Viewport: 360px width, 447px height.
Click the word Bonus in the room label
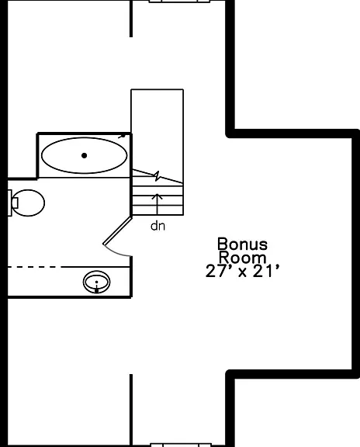(242, 244)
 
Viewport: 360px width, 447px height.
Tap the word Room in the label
(242, 258)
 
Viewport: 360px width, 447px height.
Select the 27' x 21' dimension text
(242, 271)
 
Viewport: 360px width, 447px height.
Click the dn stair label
(157, 226)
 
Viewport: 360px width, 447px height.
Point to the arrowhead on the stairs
(157, 196)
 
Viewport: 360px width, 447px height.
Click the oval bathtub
(84, 155)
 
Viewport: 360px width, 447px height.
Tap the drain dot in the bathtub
(84, 155)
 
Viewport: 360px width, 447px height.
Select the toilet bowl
(28, 203)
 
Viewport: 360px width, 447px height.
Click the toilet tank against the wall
(9, 203)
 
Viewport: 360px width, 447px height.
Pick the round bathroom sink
(97, 282)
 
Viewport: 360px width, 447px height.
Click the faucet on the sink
(97, 290)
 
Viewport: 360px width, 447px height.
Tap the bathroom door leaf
(117, 230)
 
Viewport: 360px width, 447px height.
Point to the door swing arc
(116, 252)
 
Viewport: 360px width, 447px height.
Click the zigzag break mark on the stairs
(157, 176)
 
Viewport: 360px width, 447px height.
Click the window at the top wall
(179, 2)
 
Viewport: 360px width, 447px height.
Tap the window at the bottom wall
(181, 445)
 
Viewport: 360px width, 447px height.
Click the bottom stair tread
(157, 210)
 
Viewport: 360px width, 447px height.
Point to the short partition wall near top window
(131, 19)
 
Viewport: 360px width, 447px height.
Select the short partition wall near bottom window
(131, 411)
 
